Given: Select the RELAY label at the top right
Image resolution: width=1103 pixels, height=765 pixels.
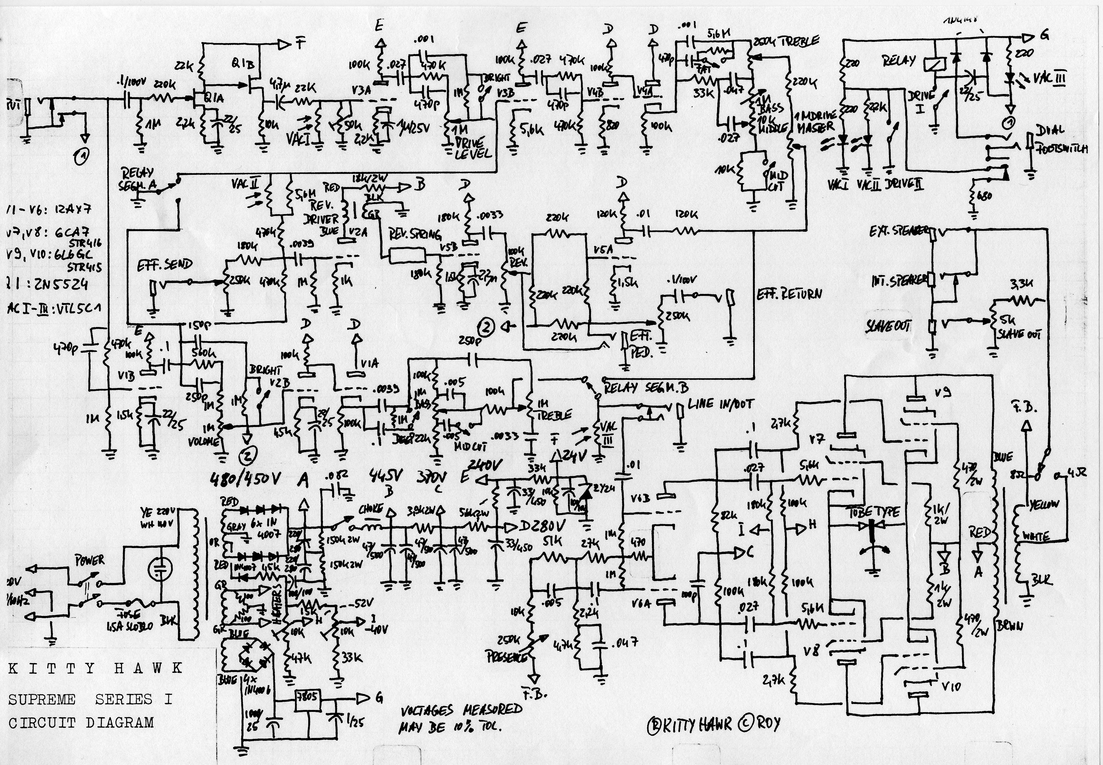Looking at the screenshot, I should pyautogui.click(x=899, y=61).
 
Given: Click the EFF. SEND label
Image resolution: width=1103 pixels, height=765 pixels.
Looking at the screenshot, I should pyautogui.click(x=165, y=264).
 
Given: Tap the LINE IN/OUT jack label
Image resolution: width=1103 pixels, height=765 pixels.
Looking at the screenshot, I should pyautogui.click(x=720, y=404).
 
